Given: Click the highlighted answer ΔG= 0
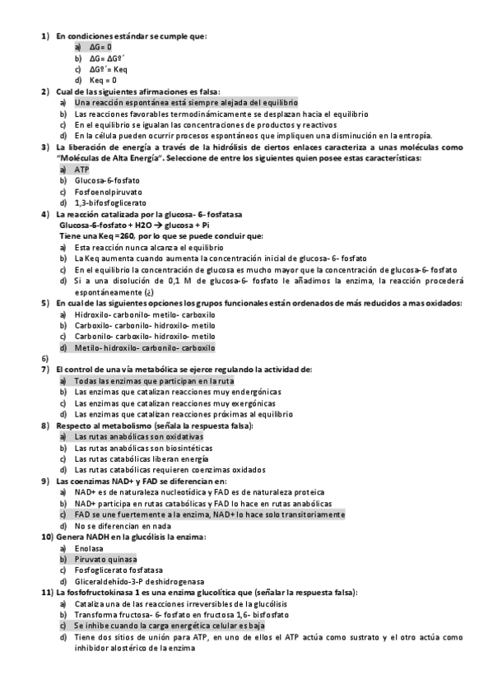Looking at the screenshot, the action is [x=100, y=48].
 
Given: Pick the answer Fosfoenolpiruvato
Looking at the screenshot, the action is [x=107, y=190].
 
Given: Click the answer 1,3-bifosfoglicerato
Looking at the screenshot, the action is [x=110, y=202].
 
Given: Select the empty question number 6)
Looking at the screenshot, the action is [x=45, y=359].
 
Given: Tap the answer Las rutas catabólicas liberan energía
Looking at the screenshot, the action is [x=135, y=458].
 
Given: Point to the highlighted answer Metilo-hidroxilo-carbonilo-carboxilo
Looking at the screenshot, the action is [x=144, y=347].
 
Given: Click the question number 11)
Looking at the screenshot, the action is [x=47, y=592].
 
